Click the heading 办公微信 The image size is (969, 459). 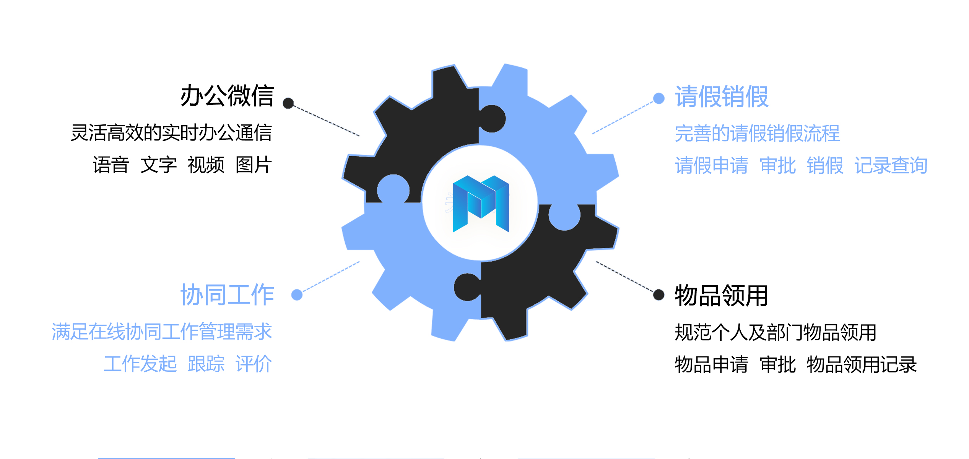[227, 96]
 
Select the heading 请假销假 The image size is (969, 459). [721, 96]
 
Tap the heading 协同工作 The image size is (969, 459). [227, 295]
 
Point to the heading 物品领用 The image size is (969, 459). [721, 296]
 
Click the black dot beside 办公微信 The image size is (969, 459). [288, 103]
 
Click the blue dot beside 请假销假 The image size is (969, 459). [658, 98]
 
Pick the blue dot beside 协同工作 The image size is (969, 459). [297, 295]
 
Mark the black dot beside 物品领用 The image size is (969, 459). [658, 295]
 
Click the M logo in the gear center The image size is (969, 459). [481, 203]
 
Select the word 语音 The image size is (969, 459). [111, 165]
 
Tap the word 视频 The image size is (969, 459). [206, 165]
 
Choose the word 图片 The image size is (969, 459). [254, 165]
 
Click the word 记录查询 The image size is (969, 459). [891, 166]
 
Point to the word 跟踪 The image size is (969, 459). [206, 364]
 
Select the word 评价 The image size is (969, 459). [254, 364]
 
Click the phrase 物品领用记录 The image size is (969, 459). [861, 364]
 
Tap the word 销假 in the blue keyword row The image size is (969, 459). [824, 166]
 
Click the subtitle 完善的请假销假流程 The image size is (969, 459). [757, 133]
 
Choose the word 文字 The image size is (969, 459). [158, 165]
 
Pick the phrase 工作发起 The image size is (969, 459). [140, 364]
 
